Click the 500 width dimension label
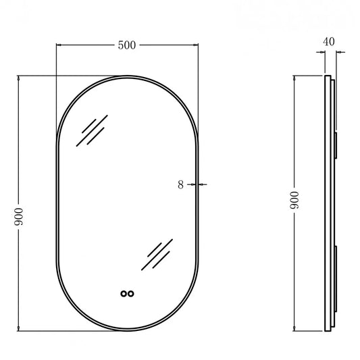(x=127, y=45)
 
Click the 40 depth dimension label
(x=329, y=42)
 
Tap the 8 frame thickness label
(x=181, y=184)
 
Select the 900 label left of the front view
(x=19, y=217)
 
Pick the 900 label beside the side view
(x=294, y=200)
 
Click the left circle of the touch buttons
(x=124, y=294)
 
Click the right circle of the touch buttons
(x=131, y=294)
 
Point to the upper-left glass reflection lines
(x=92, y=130)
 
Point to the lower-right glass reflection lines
(x=157, y=255)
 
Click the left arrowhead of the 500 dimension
(x=59, y=45)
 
